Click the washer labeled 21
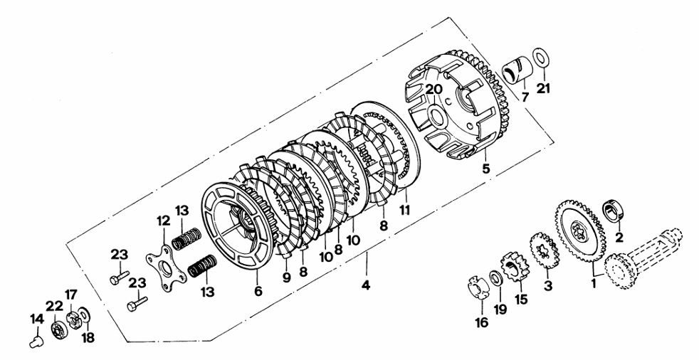coord(541,58)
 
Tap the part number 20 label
coord(433,90)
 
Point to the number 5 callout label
coord(485,169)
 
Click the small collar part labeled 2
coord(614,211)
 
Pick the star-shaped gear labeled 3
coord(545,250)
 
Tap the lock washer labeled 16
coord(478,288)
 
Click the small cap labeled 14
coord(36,342)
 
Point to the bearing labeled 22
coord(59,331)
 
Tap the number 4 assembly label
coord(366,285)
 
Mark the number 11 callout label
coord(404,209)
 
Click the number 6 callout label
coord(258,291)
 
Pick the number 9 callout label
coord(286,277)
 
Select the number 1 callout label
coord(594,283)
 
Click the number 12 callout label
coord(163,220)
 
